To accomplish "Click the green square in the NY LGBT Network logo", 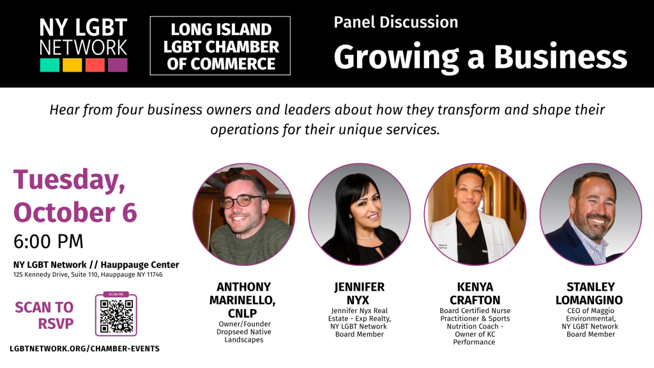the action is pos(50,65).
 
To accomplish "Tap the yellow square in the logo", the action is pos(72,65).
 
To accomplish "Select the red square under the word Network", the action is pos(95,65).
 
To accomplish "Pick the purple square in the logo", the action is pos(118,65).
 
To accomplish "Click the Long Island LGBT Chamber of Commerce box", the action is pos(220,46).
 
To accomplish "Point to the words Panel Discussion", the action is pos(396,22).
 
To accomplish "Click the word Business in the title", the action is pos(561,56).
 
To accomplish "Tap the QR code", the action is pos(116,316).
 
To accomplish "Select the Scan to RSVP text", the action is pos(44,316).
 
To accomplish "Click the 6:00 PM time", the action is pos(49,241).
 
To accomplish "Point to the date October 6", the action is pos(75,212).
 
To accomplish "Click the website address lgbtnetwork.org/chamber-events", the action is pos(85,348).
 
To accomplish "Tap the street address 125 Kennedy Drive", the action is pos(87,275).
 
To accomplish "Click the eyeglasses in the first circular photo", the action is pos(241,201).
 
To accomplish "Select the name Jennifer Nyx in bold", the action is pos(360,293).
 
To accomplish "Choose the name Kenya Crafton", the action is pos(475,293).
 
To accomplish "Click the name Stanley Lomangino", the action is pos(589,293).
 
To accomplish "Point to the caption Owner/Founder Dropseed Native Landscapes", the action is pos(244,332).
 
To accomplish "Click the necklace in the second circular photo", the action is pos(365,236).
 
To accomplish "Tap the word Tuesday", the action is pos(69,180).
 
